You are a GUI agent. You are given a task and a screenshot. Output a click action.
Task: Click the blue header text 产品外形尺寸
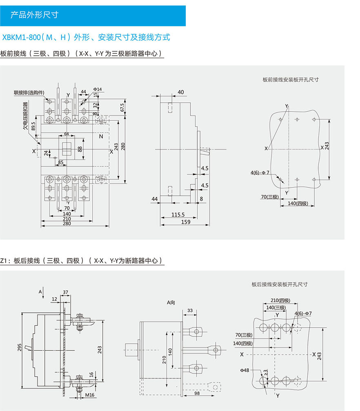click(x=34, y=15)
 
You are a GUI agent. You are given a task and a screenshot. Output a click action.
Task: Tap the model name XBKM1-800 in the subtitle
click(x=21, y=38)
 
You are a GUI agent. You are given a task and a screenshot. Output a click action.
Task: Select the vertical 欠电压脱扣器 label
click(x=26, y=116)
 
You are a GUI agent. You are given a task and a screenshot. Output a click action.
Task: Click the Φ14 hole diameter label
click(x=98, y=89)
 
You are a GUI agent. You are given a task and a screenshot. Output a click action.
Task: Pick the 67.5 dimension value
click(x=122, y=107)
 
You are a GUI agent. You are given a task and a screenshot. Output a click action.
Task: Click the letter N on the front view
click(x=101, y=137)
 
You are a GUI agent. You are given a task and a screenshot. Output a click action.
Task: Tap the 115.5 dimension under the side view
click(x=178, y=214)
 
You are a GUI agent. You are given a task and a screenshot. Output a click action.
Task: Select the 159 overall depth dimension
click(x=185, y=222)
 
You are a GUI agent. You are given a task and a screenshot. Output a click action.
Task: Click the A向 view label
click(x=171, y=303)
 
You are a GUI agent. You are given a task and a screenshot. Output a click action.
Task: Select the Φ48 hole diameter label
click(x=244, y=370)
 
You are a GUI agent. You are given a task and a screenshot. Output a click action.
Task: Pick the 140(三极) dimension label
click(x=276, y=307)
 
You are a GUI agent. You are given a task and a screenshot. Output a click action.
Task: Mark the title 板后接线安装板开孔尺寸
click(x=279, y=284)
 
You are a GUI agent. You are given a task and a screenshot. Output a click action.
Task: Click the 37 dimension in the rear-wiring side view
click(x=66, y=292)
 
